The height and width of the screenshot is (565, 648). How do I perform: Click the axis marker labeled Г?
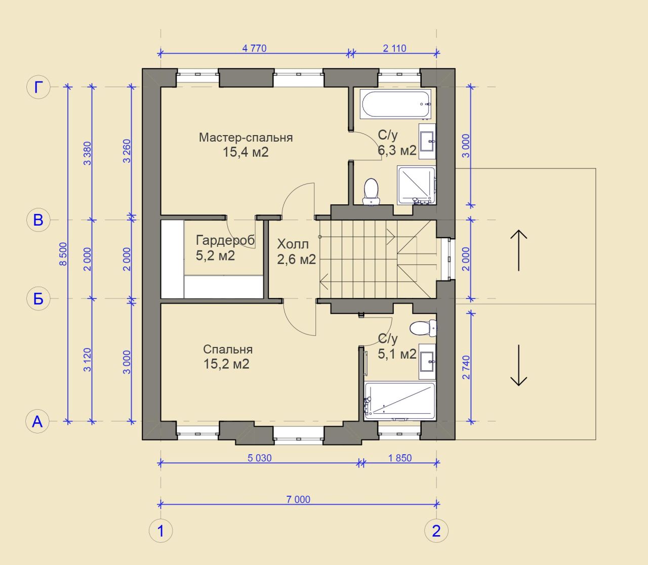coord(38,87)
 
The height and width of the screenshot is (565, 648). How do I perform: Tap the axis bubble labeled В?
coord(38,220)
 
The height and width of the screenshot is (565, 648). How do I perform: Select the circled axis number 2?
coord(436,531)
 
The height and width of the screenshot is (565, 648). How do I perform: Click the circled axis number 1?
coord(161,531)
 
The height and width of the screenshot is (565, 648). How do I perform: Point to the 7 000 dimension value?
coord(298,499)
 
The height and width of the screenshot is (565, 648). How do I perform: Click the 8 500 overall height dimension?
coord(63,254)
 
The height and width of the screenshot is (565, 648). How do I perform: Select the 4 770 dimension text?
coord(254,49)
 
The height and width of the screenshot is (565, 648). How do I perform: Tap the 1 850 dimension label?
coord(400,458)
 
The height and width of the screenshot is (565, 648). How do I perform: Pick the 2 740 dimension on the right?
coord(466,367)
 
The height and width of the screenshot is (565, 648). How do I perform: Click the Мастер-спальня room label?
coord(246,137)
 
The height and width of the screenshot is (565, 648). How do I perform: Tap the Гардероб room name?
coord(225,240)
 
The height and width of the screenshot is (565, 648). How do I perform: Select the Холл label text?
coord(293,244)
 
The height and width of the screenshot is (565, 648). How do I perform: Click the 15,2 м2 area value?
coord(226,364)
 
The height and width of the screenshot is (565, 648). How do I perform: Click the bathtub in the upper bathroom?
coord(395,104)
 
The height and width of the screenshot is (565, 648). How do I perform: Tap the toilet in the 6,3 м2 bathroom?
coord(371,191)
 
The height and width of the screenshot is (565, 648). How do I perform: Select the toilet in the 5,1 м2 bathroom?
coord(423,328)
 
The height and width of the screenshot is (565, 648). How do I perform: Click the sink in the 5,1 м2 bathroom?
coord(427,362)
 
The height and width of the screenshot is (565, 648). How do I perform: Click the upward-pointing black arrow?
coord(518,250)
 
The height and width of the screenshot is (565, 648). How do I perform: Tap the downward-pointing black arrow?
coord(518,365)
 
